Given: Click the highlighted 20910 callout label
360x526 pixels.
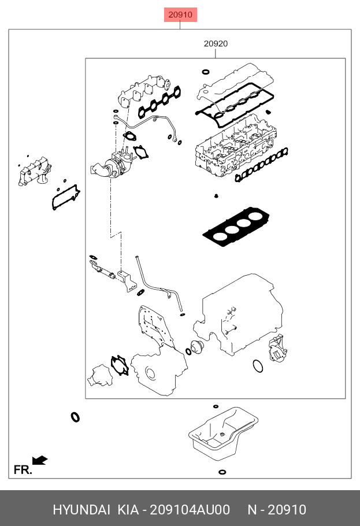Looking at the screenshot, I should (180, 14).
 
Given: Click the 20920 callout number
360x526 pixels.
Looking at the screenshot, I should (216, 43).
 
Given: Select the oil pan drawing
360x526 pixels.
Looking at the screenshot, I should (222, 435).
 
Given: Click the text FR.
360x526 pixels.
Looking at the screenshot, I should (23, 470).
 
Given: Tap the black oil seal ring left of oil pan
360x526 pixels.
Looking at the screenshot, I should (75, 417).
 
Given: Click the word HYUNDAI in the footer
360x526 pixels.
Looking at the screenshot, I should (81, 509).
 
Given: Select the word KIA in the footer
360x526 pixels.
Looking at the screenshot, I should (128, 509).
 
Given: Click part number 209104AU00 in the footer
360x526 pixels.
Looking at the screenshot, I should (190, 509).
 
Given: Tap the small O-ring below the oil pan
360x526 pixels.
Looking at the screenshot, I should (222, 472).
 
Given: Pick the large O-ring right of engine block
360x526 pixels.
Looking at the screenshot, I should (258, 366).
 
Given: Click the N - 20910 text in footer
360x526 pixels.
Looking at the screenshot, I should (277, 509).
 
